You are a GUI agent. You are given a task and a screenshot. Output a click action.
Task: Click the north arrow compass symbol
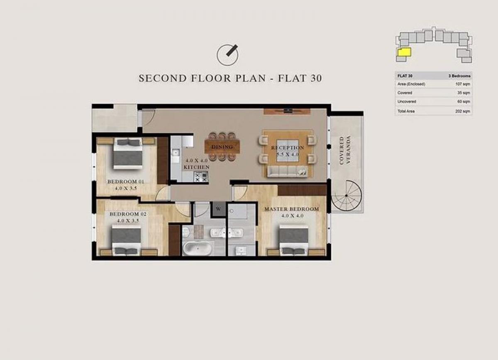pos(227,55)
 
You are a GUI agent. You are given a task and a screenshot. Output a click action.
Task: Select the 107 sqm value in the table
pos(463,84)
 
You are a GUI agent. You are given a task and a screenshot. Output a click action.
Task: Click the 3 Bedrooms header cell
pos(459,76)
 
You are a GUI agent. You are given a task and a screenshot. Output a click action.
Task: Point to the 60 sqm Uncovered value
pos(464,102)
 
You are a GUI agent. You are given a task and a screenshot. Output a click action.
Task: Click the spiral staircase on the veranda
pos(347,196)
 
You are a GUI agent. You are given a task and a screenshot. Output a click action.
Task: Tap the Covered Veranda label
pos(344,150)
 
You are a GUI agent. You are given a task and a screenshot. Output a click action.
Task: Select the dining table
pos(222,147)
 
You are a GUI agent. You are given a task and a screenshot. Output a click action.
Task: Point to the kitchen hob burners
pos(201,177)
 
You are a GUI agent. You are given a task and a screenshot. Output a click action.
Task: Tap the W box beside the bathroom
pos(218,209)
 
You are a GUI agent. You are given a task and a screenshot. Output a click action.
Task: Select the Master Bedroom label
pos(292,209)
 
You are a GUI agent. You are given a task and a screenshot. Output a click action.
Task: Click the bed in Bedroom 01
pos(127,153)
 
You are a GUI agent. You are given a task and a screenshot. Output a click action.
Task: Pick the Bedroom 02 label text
pos(128,214)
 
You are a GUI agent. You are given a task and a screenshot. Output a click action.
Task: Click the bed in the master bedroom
pos(294,240)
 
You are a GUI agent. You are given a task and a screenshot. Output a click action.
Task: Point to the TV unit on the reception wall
pos(287,111)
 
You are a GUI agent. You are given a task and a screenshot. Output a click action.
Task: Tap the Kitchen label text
pos(197,167)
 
